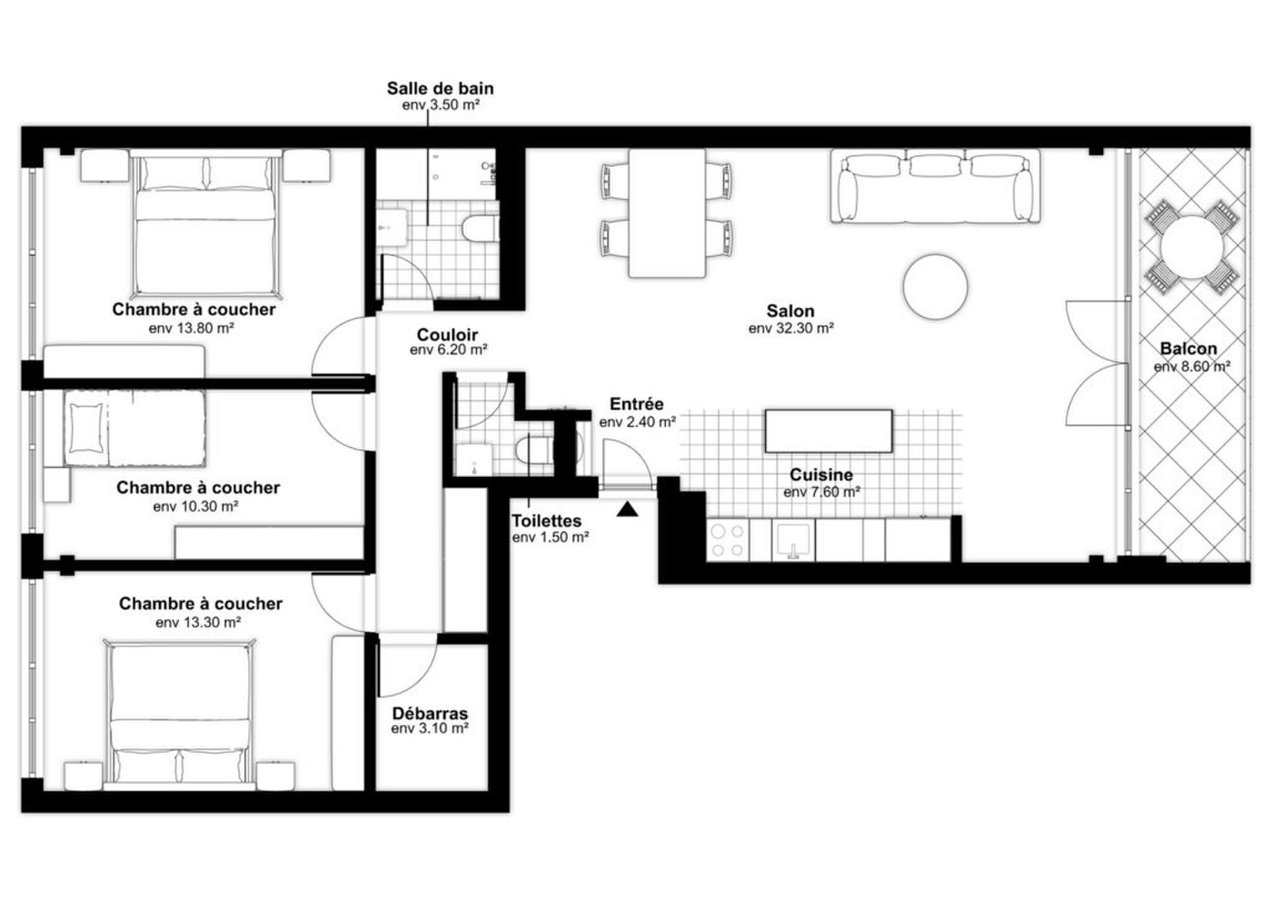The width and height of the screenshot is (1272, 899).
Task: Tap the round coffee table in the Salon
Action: coord(935,286)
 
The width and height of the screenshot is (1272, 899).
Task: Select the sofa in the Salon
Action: coord(935,185)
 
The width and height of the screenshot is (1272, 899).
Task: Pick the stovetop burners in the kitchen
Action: coord(728,540)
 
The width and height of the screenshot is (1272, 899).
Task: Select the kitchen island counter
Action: coord(829,431)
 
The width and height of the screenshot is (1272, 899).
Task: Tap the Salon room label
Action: coord(791,310)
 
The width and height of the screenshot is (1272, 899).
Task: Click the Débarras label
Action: coord(430,713)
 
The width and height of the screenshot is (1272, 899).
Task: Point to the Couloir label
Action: coord(447,335)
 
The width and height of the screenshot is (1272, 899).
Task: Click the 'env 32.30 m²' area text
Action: coord(791,328)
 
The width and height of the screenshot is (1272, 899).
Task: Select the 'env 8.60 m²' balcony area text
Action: coord(1192,367)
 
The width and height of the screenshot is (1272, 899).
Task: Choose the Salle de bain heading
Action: coord(440,88)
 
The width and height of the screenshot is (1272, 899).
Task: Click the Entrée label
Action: coord(637,404)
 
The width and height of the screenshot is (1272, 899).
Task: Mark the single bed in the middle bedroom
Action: coord(135,428)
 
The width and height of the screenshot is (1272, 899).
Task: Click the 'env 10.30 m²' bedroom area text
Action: coord(196,507)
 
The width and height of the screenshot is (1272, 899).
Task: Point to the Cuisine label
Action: coord(821,475)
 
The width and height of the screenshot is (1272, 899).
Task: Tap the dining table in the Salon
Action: coord(667,213)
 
